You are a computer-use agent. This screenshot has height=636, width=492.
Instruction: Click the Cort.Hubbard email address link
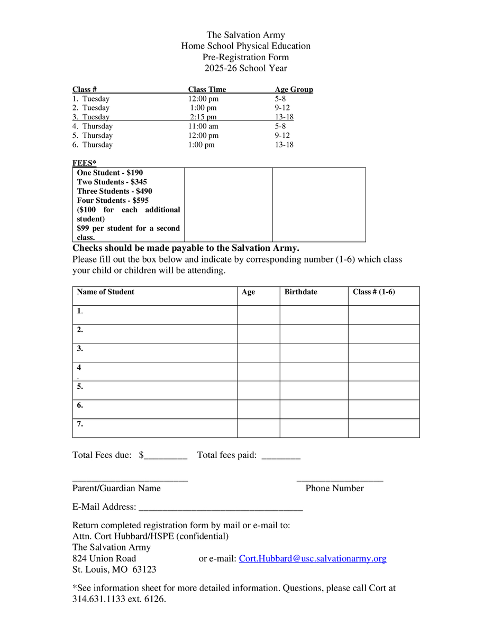coord(312,558)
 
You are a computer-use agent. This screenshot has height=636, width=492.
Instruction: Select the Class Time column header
coord(207,90)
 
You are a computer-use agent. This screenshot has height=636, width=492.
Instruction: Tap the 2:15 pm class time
coord(203,117)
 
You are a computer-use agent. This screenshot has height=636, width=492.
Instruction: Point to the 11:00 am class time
coord(203,126)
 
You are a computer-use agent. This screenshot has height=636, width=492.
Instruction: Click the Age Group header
coord(294,90)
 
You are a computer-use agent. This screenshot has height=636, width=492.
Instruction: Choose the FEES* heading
coord(84,163)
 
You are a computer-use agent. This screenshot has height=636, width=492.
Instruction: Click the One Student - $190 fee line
coord(110,173)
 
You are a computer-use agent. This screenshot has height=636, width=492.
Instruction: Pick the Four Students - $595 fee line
coord(113,201)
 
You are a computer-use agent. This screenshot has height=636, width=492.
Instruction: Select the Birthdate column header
coord(300,292)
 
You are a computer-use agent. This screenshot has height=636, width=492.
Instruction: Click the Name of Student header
coord(106,292)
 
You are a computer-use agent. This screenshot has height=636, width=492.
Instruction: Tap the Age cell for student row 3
coord(258,352)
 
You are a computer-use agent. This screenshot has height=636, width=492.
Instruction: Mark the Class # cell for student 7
coord(384,428)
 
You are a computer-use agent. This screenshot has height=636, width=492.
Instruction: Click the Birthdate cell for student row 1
coord(314,315)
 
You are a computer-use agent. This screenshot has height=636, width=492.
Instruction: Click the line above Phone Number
coord(340,480)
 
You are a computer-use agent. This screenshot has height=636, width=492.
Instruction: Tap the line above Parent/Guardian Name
coord(130,480)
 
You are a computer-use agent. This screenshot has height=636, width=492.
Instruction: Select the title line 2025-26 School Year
coord(246,68)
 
